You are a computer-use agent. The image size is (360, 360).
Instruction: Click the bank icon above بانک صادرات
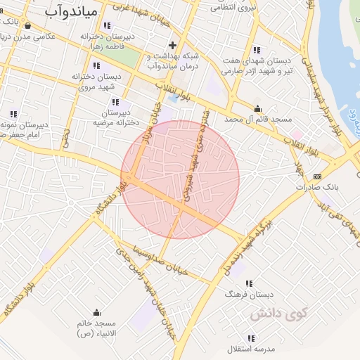[x=318, y=176]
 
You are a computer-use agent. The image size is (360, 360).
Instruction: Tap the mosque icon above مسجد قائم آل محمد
[x=258, y=108]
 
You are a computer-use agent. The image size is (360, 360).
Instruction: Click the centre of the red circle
[x=180, y=179]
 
